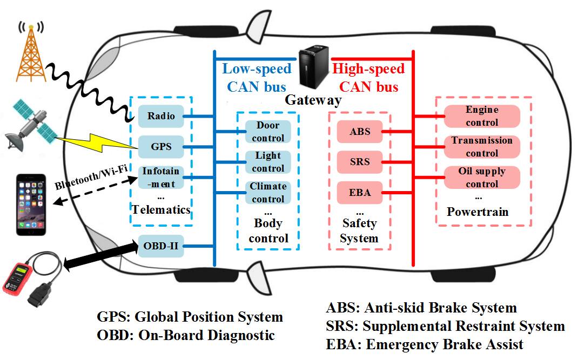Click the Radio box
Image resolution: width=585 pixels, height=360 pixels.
[160, 116]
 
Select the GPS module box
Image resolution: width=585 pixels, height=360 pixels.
[160, 146]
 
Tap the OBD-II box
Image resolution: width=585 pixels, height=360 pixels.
[160, 248]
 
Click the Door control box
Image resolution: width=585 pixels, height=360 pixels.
[268, 132]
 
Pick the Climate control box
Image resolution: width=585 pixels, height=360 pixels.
[268, 193]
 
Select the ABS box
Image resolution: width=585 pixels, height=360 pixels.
[360, 131]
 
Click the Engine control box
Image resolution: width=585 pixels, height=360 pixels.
[482, 116]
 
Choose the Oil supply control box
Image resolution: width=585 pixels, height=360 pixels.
[482, 177]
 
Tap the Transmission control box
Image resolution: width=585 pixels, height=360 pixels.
[482, 146]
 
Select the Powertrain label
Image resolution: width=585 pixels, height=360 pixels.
[478, 212]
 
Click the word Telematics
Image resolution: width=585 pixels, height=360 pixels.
[163, 209]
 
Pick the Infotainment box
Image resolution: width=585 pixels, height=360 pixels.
[160, 177]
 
